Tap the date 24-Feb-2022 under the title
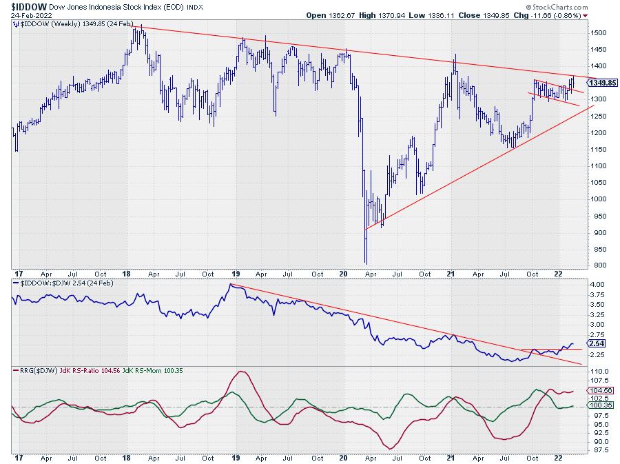tap(28, 15)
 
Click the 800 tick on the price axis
tap(597, 265)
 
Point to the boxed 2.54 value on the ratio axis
tap(596, 343)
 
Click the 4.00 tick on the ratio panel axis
tap(597, 284)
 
